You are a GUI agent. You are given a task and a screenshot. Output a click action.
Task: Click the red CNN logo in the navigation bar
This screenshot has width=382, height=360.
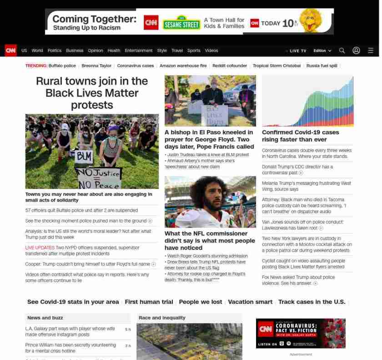point(10,51)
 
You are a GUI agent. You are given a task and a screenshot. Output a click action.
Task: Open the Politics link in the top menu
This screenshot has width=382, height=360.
point(55,51)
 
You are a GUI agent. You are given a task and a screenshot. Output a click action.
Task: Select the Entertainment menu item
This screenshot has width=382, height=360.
point(139,51)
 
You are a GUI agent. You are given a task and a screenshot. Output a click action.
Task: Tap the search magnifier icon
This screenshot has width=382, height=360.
point(342,51)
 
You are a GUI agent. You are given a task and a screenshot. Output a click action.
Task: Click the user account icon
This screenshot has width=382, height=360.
point(356,51)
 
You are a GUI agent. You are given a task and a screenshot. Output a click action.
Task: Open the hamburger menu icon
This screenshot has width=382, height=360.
point(371,51)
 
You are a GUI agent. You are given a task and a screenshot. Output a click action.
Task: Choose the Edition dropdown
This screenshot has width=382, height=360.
point(322,51)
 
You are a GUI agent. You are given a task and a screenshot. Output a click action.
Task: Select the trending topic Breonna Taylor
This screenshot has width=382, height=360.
point(96,66)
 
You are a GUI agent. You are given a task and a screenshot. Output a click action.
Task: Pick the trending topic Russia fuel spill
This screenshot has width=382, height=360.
point(322,66)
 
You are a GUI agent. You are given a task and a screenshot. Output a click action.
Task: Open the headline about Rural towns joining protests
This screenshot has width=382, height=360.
point(92,93)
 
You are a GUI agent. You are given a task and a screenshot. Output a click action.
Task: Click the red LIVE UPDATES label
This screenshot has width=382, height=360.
point(40,248)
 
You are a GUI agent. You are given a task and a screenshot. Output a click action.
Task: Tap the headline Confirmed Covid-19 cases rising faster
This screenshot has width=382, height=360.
point(300,136)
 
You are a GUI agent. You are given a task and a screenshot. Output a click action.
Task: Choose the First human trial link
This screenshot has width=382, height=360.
point(149,302)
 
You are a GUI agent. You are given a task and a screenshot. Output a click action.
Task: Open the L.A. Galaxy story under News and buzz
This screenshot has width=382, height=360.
point(70,331)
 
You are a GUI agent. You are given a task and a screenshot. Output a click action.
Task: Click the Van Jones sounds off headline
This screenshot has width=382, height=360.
point(302,225)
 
